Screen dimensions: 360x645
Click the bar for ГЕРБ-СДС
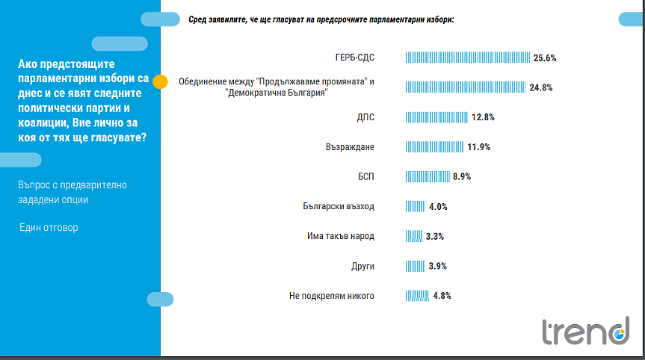pyautogui.click(x=467, y=58)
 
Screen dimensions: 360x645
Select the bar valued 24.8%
pyautogui.click(x=465, y=87)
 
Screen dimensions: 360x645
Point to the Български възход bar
pyautogui.click(x=415, y=207)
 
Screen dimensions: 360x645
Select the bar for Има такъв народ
pyautogui.click(x=413, y=236)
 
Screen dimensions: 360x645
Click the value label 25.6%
pyautogui.click(x=545, y=58)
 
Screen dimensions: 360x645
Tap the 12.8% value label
pyautogui.click(x=483, y=117)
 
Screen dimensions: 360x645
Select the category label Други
pyautogui.click(x=362, y=266)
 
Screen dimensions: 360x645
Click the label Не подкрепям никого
pyautogui.click(x=331, y=296)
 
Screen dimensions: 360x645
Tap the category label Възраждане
pyautogui.click(x=348, y=147)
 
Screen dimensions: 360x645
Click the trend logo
pyautogui.click(x=585, y=332)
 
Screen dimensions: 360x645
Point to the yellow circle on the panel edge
pyautogui.click(x=160, y=81)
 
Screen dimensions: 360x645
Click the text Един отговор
pyautogui.click(x=49, y=227)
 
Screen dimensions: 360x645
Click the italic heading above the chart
pyautogui.click(x=321, y=19)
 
